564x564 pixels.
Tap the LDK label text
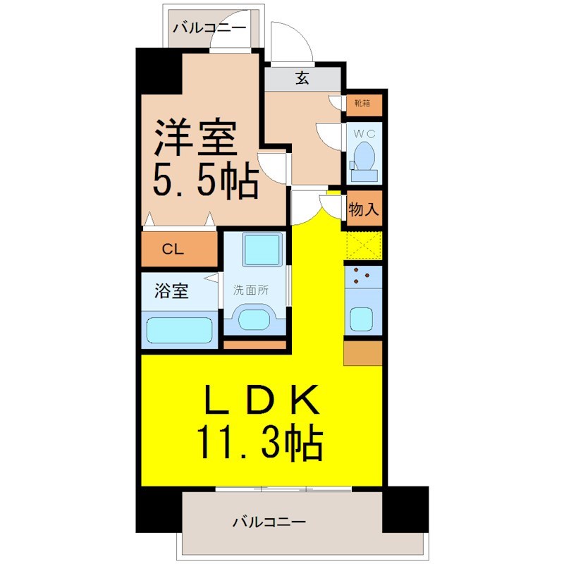[262, 400]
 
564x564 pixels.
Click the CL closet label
[173, 249]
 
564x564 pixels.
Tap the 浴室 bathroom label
[171, 290]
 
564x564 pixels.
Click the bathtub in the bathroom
[179, 330]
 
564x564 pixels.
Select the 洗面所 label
[251, 290]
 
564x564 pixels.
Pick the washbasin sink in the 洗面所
[255, 319]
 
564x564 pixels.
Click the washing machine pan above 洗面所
[262, 249]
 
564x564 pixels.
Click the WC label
[364, 134]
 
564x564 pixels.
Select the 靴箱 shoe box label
[362, 104]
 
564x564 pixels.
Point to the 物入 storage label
[363, 209]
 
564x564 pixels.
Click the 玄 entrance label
[302, 78]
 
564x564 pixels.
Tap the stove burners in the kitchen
[361, 276]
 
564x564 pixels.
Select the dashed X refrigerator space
[363, 245]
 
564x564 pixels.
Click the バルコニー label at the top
[210, 27]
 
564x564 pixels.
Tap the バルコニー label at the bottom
[269, 521]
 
